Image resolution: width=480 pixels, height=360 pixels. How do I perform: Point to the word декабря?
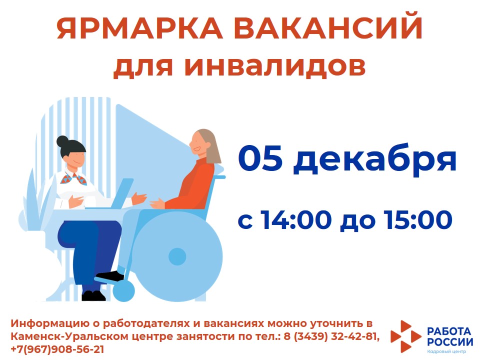(375, 160)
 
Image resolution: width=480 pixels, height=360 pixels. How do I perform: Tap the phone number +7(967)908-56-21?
(57, 349)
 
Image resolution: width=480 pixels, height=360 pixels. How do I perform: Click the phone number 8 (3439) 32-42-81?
(332, 336)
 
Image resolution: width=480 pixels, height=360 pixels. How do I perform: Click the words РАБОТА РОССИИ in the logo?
(449, 336)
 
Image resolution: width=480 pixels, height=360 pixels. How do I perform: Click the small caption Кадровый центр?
(446, 351)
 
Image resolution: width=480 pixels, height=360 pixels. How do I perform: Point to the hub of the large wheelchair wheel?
(177, 256)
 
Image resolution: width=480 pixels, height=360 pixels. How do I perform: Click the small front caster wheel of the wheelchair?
(123, 290)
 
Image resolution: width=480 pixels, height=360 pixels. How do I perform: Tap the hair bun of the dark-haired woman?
(63, 141)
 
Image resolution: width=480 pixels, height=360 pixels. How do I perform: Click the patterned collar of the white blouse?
(73, 178)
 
